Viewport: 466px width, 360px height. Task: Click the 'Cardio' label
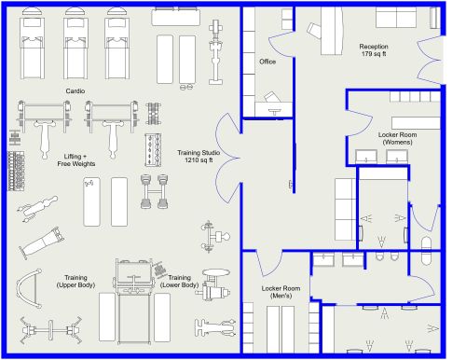point(75,90)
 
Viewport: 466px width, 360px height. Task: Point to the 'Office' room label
point(267,62)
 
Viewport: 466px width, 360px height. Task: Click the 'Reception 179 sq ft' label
point(374,50)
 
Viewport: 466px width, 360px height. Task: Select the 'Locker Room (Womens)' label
point(395,138)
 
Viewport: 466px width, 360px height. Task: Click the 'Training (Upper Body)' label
point(75,282)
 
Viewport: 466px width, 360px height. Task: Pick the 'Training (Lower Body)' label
point(178,282)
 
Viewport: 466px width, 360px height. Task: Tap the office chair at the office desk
point(272,97)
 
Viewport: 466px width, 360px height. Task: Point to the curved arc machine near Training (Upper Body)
point(30,290)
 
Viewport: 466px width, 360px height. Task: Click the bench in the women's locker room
point(414,122)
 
